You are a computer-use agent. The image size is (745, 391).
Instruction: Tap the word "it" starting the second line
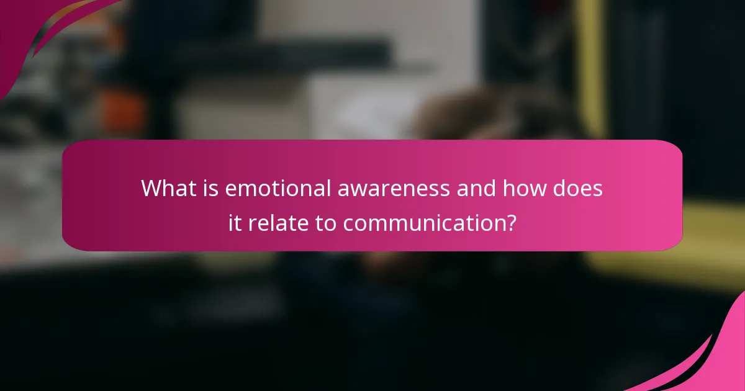234,223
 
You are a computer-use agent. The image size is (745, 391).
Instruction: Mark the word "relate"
274,223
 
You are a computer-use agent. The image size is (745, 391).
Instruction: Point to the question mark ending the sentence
510,223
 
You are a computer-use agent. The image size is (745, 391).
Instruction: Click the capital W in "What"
151,188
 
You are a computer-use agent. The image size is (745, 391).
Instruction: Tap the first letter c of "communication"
348,225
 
